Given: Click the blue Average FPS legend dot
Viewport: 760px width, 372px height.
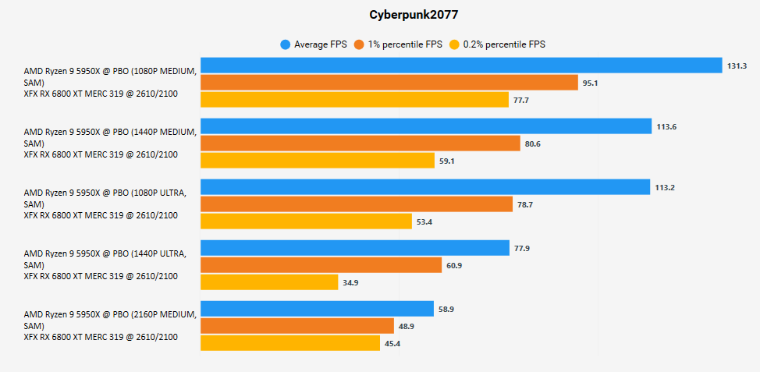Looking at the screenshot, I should (x=286, y=44).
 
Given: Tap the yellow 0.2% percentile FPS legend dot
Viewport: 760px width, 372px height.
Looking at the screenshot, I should (x=455, y=44).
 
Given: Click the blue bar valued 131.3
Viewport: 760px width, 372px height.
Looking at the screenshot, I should (x=461, y=66).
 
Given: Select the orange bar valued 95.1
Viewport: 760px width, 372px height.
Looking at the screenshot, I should (x=389, y=83).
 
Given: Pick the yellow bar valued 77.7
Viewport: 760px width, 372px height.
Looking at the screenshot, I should (x=355, y=100).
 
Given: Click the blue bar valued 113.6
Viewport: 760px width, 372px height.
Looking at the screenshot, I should (x=426, y=126).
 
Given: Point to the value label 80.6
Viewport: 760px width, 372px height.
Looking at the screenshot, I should (x=533, y=143).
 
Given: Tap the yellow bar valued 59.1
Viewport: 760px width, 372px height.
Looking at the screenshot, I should (x=318, y=161).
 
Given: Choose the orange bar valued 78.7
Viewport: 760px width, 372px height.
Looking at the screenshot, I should (x=357, y=204).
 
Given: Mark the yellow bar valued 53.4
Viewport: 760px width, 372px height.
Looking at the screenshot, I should (x=307, y=221).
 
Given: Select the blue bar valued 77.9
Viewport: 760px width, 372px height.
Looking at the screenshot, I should (x=355, y=248).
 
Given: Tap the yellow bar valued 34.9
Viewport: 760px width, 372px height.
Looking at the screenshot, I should (x=269, y=282).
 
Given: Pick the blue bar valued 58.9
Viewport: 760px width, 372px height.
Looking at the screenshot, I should (x=318, y=309).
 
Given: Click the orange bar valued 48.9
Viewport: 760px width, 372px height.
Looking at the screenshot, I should (x=297, y=326).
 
